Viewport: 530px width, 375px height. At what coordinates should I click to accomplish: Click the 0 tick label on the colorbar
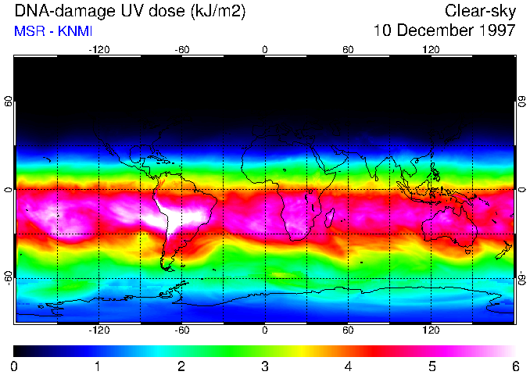pyautogui.click(x=14, y=366)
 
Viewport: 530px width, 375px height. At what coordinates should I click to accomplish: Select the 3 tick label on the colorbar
pyautogui.click(x=264, y=366)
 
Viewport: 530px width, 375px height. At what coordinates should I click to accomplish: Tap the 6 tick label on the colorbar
pyautogui.click(x=514, y=366)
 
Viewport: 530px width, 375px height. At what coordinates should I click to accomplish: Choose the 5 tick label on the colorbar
pyautogui.click(x=431, y=366)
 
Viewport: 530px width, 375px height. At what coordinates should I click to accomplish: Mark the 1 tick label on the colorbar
pyautogui.click(x=98, y=366)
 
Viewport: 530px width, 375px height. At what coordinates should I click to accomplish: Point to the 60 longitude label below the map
pyautogui.click(x=348, y=330)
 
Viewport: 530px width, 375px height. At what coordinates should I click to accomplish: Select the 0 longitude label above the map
pyautogui.click(x=264, y=49)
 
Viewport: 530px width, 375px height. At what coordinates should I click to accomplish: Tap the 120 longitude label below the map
pyautogui.click(x=431, y=330)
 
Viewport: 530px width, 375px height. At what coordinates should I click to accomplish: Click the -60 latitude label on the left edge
pyautogui.click(x=8, y=278)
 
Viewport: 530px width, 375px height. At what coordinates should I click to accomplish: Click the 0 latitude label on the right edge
pyautogui.click(x=521, y=190)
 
